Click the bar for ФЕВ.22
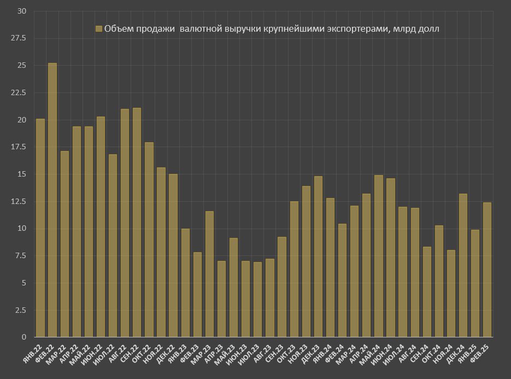52,200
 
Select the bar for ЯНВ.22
40,228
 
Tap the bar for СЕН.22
137,223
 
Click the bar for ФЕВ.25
487,270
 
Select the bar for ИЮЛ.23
257,300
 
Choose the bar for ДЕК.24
463,266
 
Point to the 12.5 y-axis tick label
19,201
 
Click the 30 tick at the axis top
22,11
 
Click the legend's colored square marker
99,28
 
